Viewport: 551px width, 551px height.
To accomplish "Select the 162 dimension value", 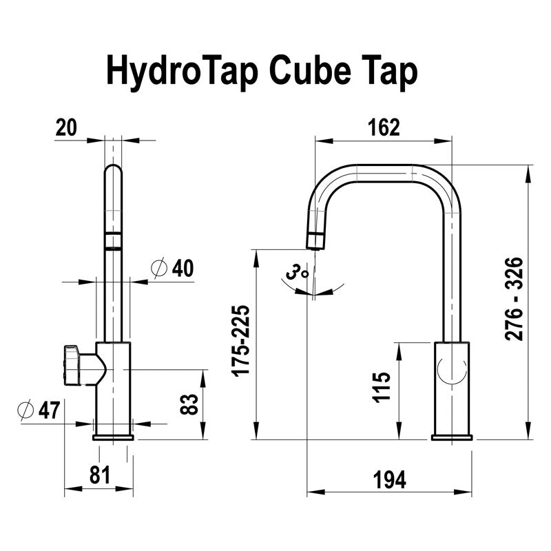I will click(x=384, y=127).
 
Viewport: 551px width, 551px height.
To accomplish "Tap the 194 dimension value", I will click(x=389, y=478).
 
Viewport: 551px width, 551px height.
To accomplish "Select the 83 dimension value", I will click(x=188, y=404).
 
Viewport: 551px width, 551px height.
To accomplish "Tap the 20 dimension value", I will click(x=67, y=127).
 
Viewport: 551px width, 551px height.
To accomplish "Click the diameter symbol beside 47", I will click(x=25, y=410).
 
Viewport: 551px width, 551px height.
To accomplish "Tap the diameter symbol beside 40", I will click(x=158, y=269).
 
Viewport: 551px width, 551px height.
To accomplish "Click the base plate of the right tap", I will click(x=452, y=437).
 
